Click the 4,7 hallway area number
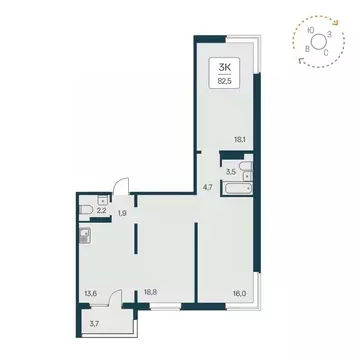(x=209, y=185)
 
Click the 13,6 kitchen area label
(x=93, y=294)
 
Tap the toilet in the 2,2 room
(x=87, y=210)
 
